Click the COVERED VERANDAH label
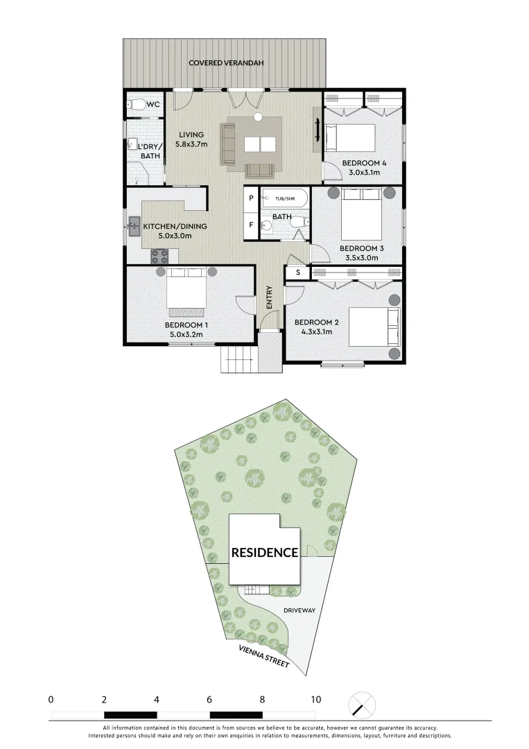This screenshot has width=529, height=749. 223,63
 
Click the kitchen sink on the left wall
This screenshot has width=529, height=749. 133,225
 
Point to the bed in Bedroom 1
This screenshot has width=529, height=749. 186,291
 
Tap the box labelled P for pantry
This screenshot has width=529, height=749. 250,198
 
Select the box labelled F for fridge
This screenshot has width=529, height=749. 250,225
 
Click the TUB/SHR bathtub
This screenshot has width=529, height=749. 284,199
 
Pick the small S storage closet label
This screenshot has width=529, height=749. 298,273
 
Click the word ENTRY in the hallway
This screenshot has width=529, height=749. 269,298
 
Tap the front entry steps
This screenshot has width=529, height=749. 239,359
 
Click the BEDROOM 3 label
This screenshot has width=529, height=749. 361,248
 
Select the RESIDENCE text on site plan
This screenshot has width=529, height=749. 264,553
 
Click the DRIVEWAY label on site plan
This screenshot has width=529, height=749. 300,610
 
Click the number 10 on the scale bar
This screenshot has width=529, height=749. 315,699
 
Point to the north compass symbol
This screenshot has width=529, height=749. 361,705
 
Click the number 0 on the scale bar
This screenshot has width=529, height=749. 51,699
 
